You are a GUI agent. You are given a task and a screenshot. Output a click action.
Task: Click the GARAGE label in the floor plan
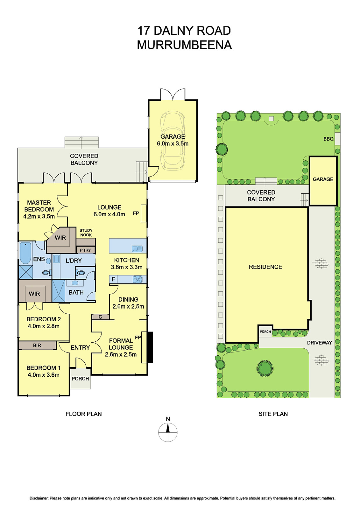(x=173, y=136)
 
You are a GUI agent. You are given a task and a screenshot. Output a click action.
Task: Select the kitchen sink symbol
(x=137, y=248)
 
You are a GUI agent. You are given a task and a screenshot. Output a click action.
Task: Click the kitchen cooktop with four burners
(x=138, y=279)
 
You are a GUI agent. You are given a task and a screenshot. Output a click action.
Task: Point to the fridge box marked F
(x=113, y=279)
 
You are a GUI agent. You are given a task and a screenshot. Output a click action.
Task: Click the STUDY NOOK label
(x=86, y=233)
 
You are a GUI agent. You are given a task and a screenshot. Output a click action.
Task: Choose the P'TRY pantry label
(x=85, y=250)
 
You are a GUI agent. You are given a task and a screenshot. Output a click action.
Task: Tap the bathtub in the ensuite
(x=25, y=253)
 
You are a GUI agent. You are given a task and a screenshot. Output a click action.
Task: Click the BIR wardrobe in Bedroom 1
(x=37, y=345)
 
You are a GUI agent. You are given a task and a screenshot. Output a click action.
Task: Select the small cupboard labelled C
(x=100, y=317)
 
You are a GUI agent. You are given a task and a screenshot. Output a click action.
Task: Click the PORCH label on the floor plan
(x=80, y=379)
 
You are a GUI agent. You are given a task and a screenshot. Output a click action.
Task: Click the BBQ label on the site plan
(x=328, y=139)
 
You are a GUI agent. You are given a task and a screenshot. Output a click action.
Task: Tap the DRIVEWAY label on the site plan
(x=319, y=343)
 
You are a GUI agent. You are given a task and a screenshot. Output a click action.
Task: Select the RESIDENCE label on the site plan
(x=265, y=267)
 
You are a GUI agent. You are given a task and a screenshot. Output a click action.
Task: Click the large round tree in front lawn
(x=265, y=368)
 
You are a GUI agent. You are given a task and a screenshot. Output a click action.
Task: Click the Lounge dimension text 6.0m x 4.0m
(x=109, y=214)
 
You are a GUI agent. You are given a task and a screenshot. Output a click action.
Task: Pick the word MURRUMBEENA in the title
(x=184, y=45)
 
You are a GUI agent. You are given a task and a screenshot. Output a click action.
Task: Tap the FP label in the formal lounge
(x=138, y=338)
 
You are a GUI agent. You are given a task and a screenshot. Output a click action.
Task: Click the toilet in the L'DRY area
(x=81, y=273)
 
